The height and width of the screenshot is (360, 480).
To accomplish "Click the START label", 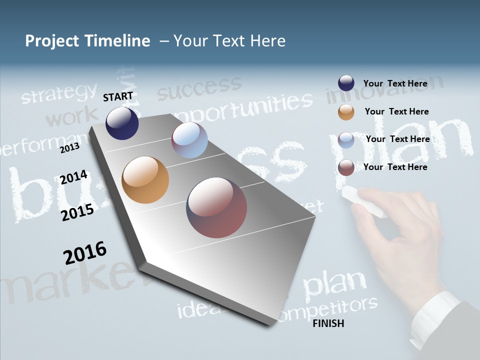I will pos(118,96).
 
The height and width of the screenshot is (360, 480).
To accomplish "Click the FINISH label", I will pos(328,323).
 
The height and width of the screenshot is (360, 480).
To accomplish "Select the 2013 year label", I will pos(69,148).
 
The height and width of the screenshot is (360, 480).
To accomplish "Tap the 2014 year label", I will pos(73,177).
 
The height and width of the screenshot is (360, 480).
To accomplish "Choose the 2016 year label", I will pos(85,252).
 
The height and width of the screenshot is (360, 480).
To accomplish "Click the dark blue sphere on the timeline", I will pos(122,123).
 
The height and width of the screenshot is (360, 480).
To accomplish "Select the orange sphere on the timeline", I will pos(145,180).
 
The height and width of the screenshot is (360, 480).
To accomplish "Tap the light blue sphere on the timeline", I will pos(189,140).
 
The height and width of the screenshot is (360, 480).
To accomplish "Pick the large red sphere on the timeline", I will pos(216,207).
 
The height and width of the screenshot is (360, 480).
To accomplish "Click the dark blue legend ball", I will pos(346,83).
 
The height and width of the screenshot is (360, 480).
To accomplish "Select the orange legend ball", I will pos(346,112).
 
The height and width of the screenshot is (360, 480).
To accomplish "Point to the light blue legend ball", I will pos(346,140).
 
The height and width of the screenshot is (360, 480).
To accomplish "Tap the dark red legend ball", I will pos(346,167).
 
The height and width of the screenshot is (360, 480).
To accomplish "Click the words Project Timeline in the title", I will pos(87,41).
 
